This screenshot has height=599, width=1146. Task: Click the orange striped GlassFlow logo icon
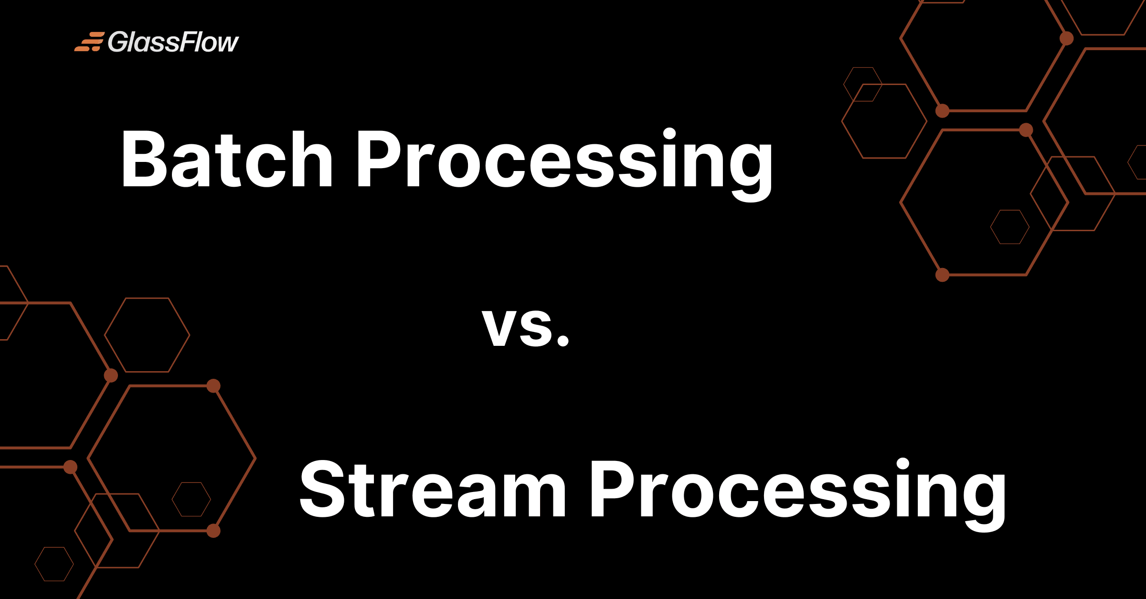click(x=89, y=42)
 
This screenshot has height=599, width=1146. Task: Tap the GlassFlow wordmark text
click(x=173, y=42)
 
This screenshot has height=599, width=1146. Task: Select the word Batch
click(x=227, y=159)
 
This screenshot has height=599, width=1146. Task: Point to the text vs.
click(x=526, y=327)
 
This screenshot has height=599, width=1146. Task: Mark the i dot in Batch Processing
click(x=669, y=134)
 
